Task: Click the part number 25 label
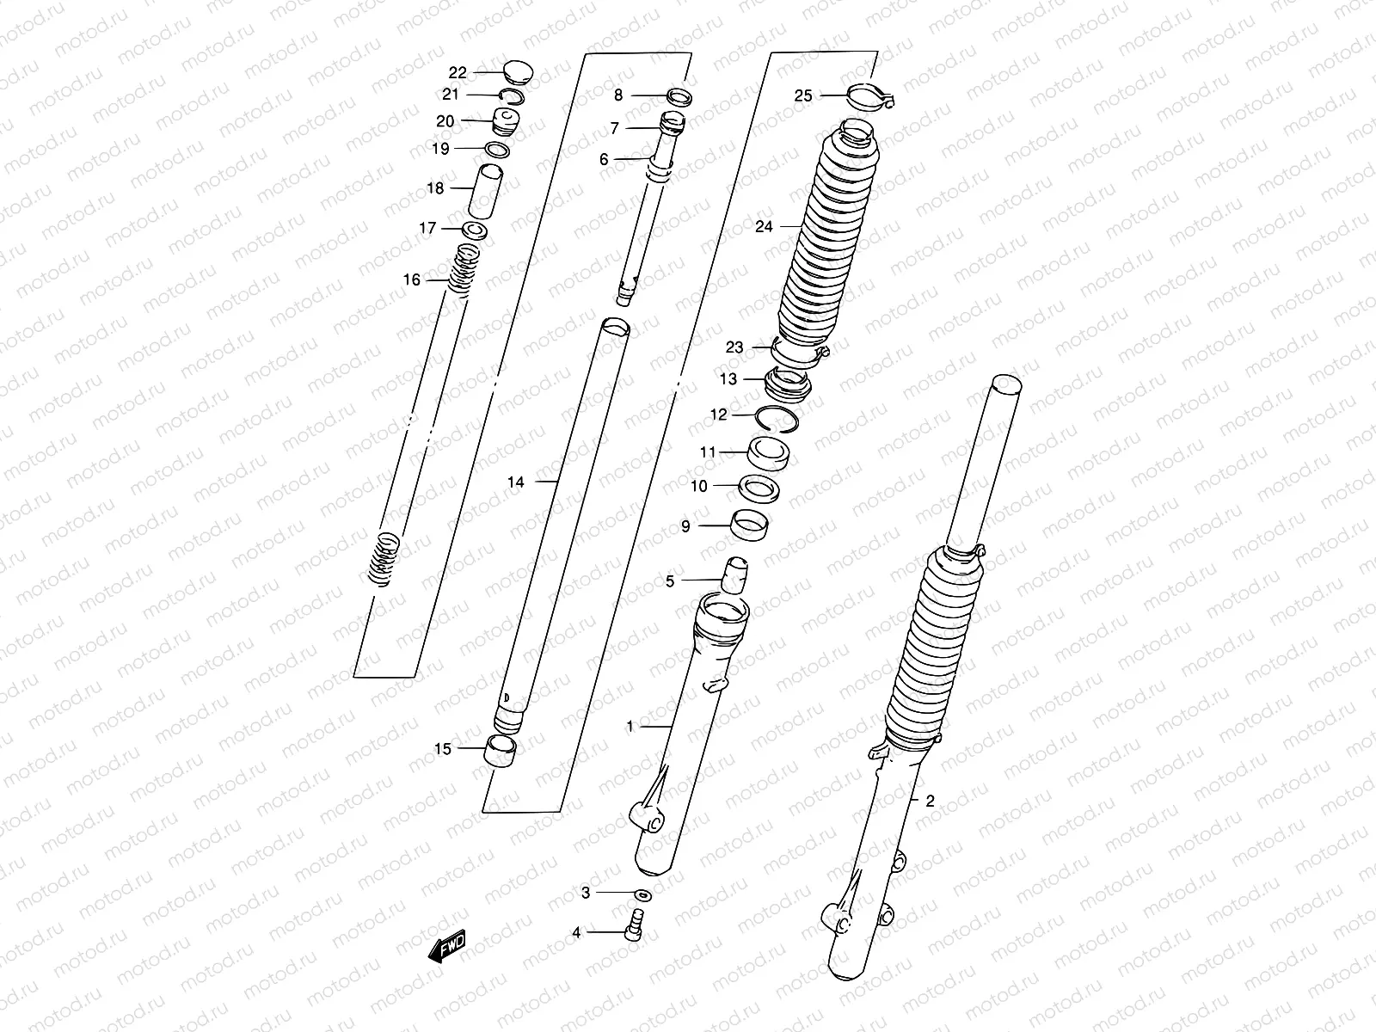(x=802, y=96)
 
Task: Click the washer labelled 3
(x=642, y=894)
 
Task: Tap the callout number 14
(x=515, y=482)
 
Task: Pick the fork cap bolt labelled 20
(x=507, y=122)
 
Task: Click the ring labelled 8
(x=679, y=96)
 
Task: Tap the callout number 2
(x=930, y=801)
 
